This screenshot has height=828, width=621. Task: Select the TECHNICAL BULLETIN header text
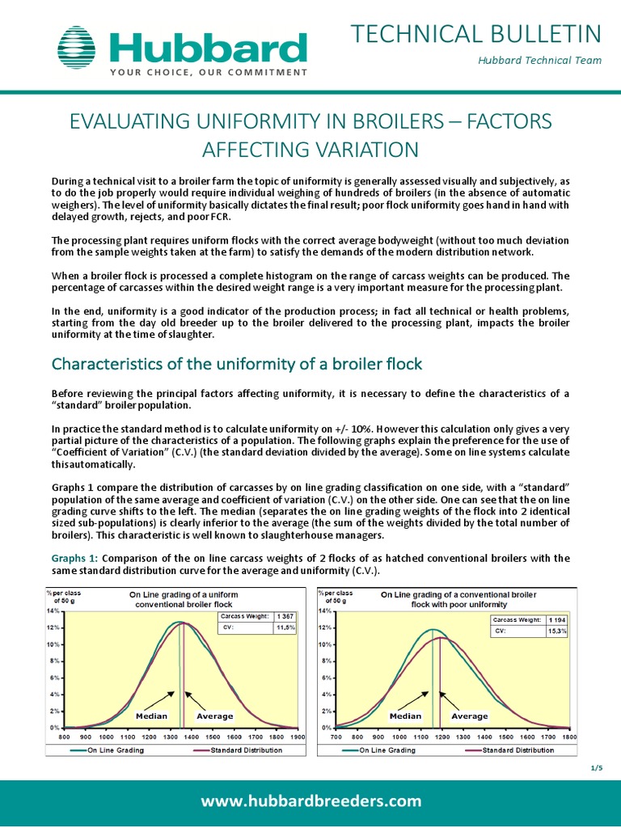[x=475, y=34]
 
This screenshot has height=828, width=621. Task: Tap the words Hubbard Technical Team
[x=551, y=61]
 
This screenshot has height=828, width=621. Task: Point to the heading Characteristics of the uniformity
[x=237, y=364]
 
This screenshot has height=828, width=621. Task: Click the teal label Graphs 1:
[x=74, y=558]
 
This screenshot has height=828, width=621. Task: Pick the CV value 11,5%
[x=285, y=627]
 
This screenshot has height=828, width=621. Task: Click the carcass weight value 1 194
[x=557, y=620]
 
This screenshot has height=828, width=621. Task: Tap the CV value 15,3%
[x=557, y=632]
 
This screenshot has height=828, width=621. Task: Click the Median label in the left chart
[x=151, y=716]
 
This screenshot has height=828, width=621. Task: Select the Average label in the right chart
[x=470, y=716]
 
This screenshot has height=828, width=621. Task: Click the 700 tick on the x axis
[x=336, y=737]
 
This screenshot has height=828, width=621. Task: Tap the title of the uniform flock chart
[x=184, y=599]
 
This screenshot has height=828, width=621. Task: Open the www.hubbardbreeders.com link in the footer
[x=311, y=801]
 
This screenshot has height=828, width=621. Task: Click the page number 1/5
[x=598, y=767]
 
